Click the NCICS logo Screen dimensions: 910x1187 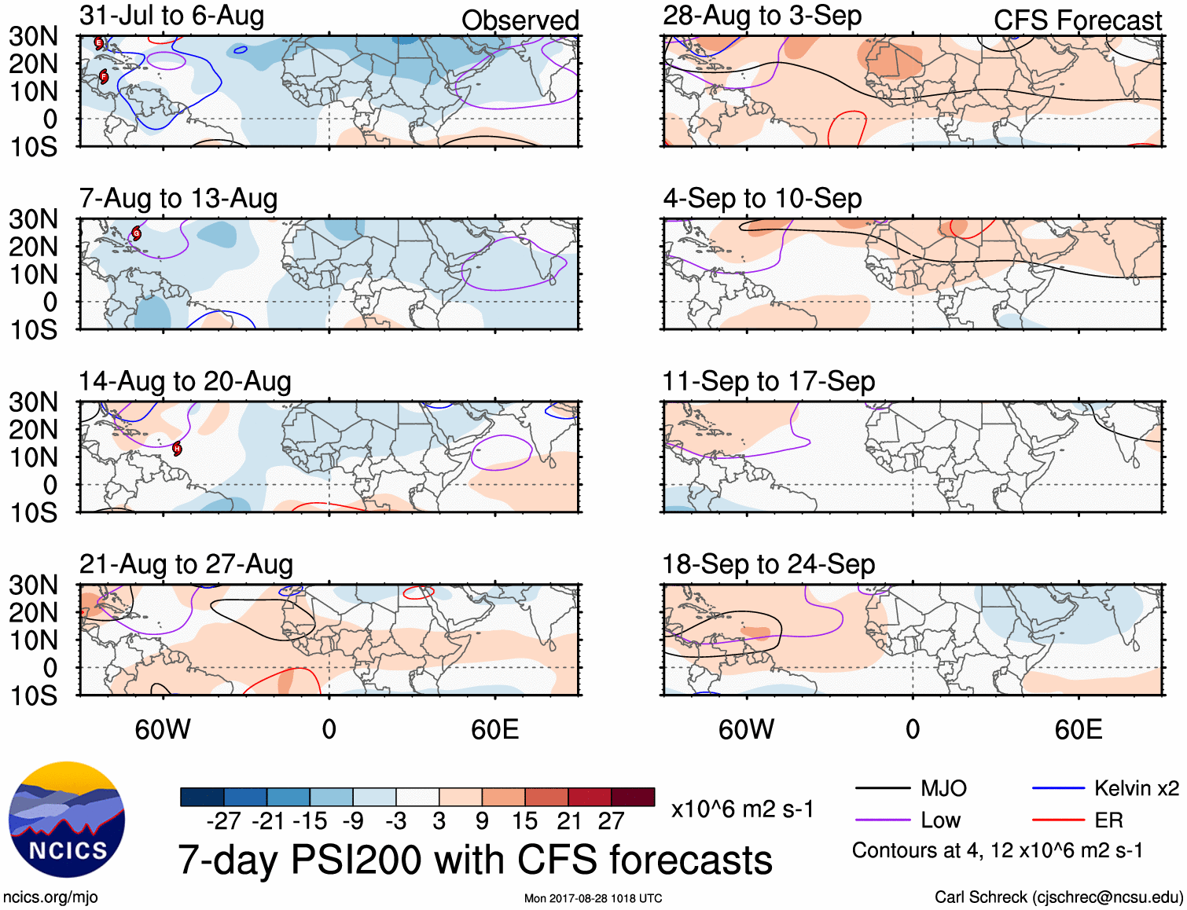point(67,820)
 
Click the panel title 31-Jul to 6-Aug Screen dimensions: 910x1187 point(171,16)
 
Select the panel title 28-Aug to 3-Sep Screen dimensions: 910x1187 point(762,16)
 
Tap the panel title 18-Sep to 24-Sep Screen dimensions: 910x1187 point(768,564)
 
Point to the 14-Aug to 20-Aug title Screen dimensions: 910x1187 point(185,381)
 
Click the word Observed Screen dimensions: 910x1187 point(520,20)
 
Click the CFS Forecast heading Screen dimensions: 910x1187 point(1077,20)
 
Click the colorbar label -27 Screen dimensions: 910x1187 point(224,821)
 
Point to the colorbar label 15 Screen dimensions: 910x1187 point(524,821)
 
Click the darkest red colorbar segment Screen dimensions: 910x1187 point(633,797)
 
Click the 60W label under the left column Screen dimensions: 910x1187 point(163,729)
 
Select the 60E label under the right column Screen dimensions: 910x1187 point(1078,729)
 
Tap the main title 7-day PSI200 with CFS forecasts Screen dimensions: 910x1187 point(475,860)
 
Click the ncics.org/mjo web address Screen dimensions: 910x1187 point(50,897)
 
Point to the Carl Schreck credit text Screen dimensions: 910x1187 point(1058,897)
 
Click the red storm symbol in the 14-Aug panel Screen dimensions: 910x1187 point(178,449)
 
